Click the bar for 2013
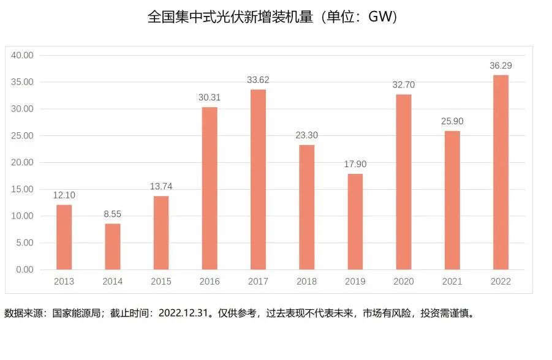64,237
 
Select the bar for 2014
113,246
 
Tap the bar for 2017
258,179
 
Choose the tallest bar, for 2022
501,172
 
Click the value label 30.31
210,97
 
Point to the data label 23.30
306,135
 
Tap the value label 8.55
113,214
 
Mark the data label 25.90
452,121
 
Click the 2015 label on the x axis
161,282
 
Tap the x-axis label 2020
404,282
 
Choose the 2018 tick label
306,282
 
